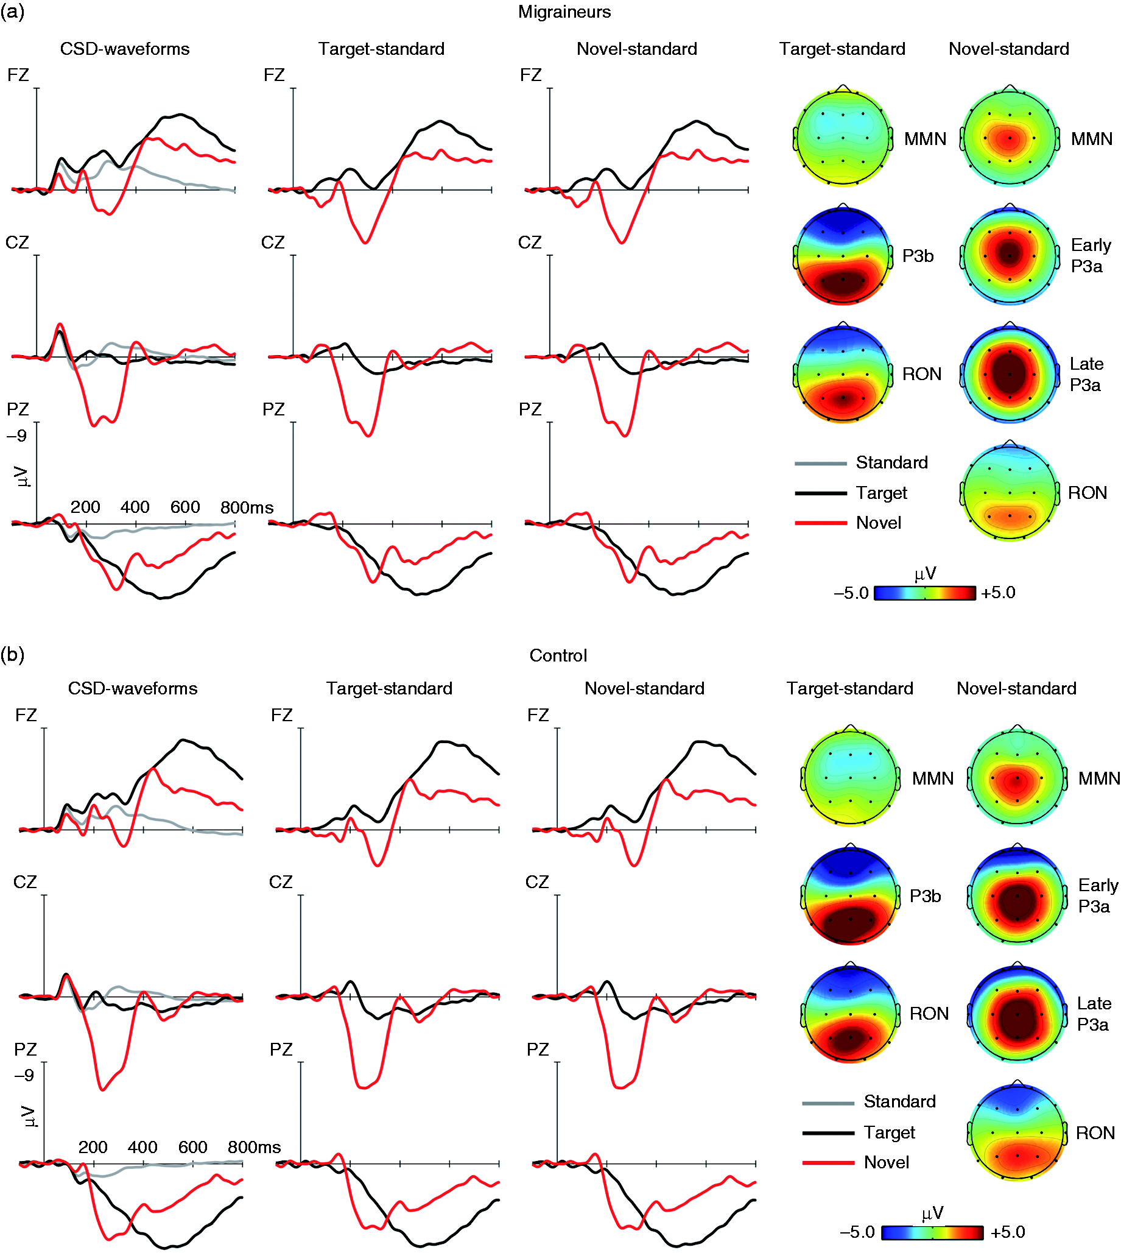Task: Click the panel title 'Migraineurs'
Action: (x=564, y=12)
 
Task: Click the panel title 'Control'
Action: (x=558, y=655)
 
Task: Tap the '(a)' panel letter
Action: (x=13, y=12)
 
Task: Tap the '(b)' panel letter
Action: (x=13, y=654)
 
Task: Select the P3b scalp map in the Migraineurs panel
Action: (x=843, y=255)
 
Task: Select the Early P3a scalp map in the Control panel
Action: (x=1017, y=895)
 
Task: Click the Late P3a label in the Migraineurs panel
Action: (x=1086, y=374)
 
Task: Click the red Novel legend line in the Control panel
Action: (x=828, y=1163)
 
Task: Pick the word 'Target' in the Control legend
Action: (x=890, y=1132)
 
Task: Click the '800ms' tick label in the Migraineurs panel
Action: (x=247, y=507)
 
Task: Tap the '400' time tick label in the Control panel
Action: (x=142, y=1147)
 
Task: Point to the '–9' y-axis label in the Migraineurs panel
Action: (x=16, y=436)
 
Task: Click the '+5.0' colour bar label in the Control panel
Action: (x=1008, y=1232)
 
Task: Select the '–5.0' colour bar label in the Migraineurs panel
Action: (x=851, y=593)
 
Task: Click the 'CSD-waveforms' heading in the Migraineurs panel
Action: (x=125, y=49)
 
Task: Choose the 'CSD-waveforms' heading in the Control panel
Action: (x=132, y=688)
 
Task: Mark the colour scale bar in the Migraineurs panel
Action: (x=924, y=593)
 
